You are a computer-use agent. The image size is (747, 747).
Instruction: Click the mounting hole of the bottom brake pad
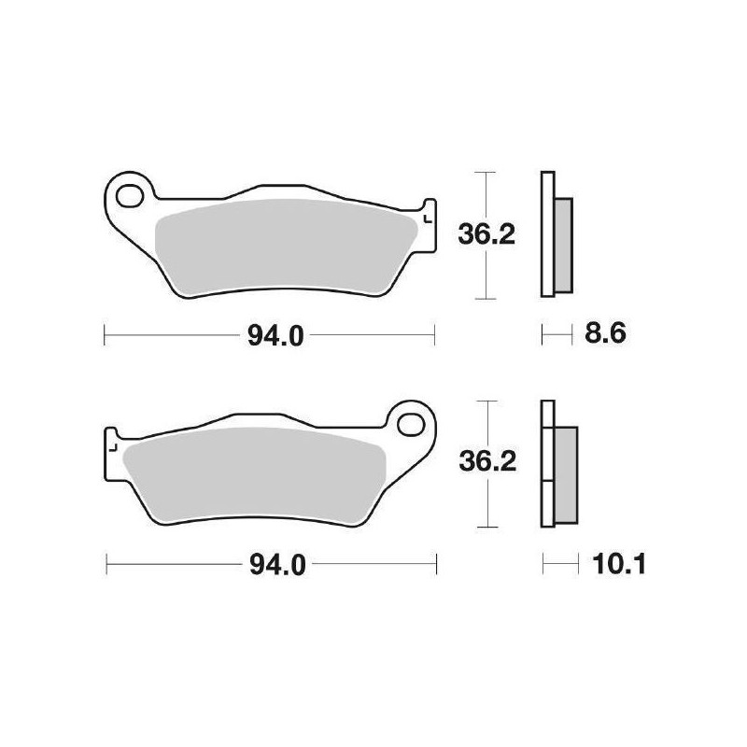coord(409,422)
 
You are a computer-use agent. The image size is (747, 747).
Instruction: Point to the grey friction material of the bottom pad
coord(252,476)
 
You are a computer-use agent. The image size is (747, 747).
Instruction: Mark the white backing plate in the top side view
coord(547,233)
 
